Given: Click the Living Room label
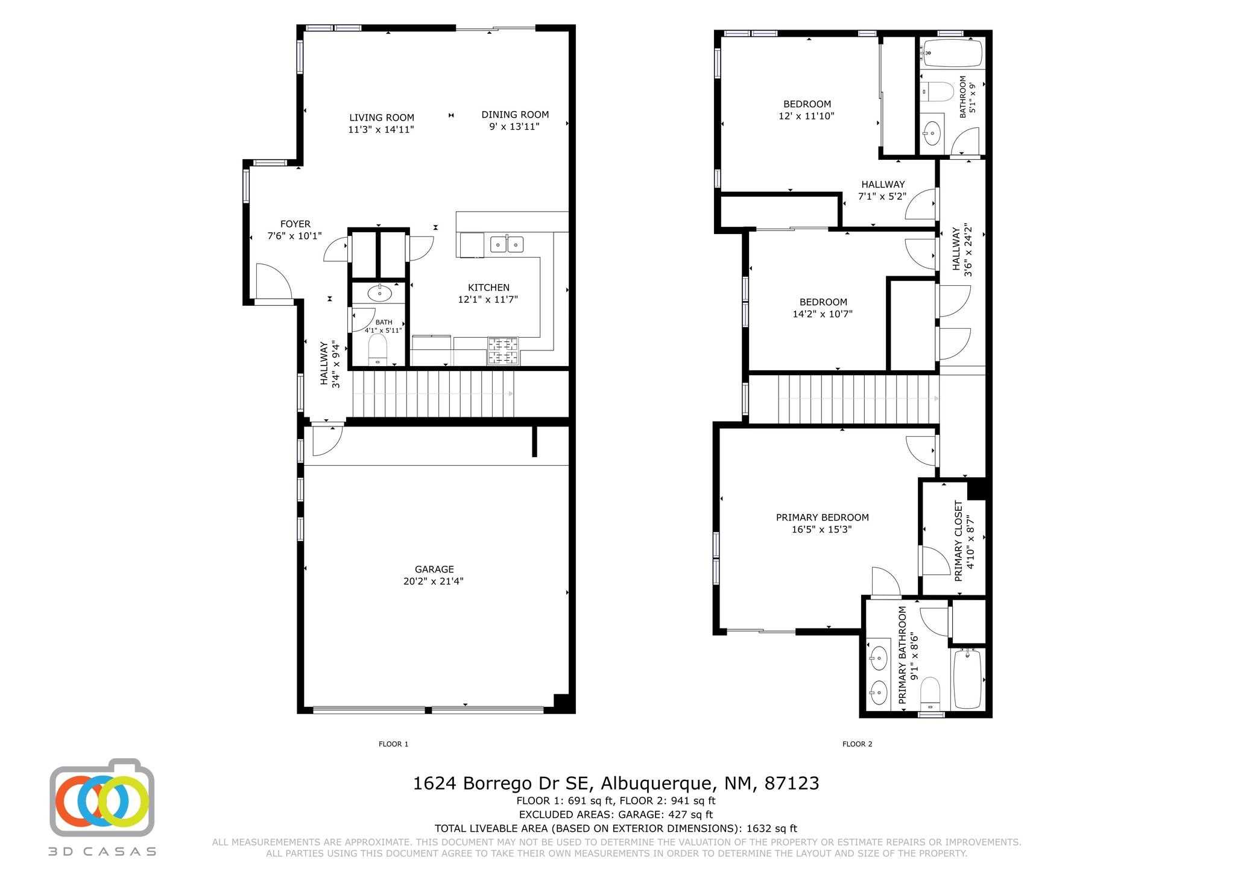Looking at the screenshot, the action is point(382,118).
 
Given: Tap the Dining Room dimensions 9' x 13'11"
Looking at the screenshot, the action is point(514,127).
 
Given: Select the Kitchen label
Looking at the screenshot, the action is point(489,288).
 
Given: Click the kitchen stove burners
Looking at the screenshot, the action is point(504,351).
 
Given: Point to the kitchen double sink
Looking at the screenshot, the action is point(507,244).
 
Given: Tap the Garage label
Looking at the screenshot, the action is point(434,569).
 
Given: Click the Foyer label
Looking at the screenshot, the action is point(295,224).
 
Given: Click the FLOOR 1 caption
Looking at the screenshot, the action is point(394,744).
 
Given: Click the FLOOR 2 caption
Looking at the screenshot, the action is point(858,744).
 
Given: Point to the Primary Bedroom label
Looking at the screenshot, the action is point(823,518).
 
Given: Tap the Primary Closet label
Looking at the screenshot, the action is point(959,541).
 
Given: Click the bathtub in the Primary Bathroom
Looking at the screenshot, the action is point(967,679).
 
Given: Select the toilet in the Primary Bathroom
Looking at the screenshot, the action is point(931,692).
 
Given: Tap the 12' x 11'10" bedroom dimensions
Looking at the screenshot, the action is point(807,116).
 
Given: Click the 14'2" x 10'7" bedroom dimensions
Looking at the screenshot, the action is point(823,314).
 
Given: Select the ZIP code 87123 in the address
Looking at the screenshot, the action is point(792,784).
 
